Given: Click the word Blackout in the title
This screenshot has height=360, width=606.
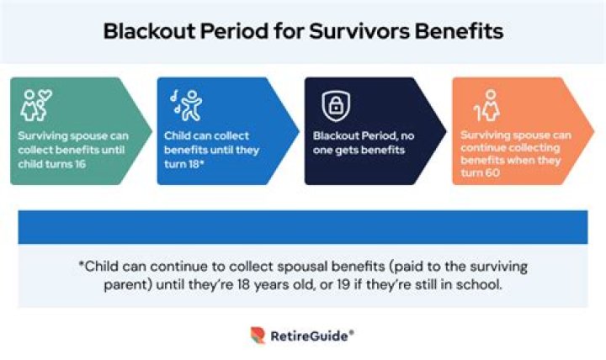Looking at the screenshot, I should [x=142, y=31].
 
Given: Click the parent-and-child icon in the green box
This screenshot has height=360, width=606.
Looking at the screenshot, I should [x=35, y=105].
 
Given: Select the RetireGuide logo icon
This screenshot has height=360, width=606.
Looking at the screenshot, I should [x=258, y=336].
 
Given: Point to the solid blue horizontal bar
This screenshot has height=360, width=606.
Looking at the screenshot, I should [x=302, y=227].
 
